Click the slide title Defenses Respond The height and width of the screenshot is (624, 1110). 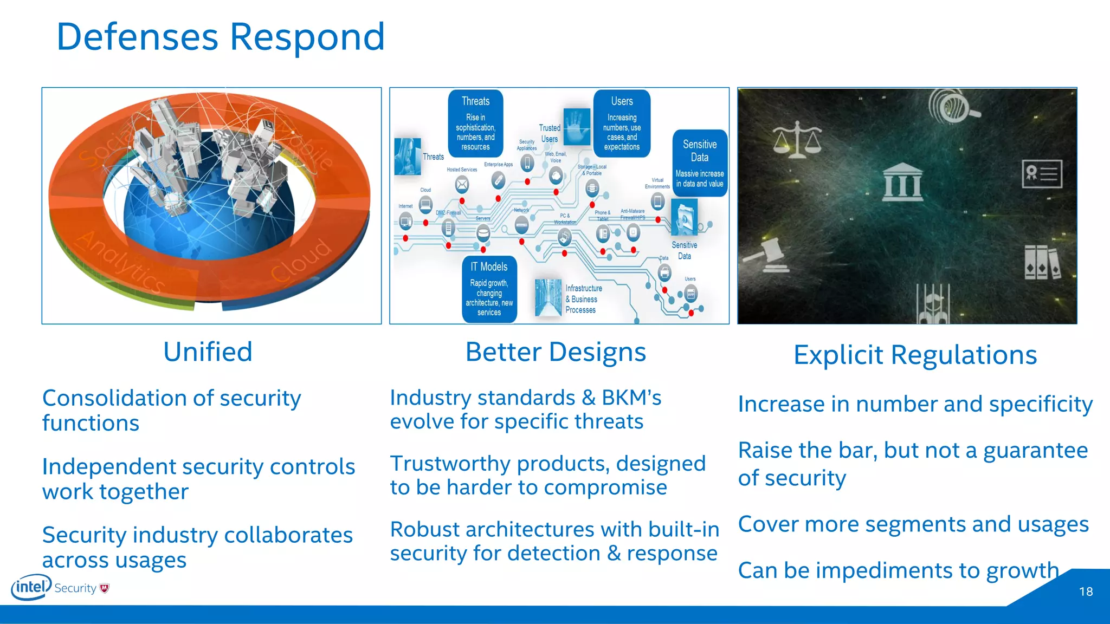pyautogui.click(x=220, y=37)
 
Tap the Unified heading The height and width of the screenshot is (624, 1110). pyautogui.click(x=208, y=352)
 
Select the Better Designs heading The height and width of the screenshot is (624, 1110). pyautogui.click(x=556, y=352)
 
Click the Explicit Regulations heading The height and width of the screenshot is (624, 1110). pyautogui.click(x=915, y=355)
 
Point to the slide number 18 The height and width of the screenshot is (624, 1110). pyautogui.click(x=1086, y=591)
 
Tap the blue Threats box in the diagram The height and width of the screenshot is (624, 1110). pyautogui.click(x=475, y=123)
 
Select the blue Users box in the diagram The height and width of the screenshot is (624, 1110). pyautogui.click(x=622, y=123)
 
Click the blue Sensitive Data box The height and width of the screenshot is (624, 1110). pyautogui.click(x=700, y=163)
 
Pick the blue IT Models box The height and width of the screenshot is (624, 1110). pyautogui.click(x=489, y=289)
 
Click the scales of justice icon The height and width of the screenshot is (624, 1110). pyautogui.click(x=797, y=139)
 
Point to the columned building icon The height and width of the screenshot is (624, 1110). pyautogui.click(x=902, y=182)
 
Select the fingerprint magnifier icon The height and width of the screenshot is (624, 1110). pyautogui.click(x=952, y=106)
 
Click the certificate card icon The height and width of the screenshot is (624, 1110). pyautogui.click(x=1042, y=174)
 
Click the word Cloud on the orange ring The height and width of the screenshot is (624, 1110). pyautogui.click(x=301, y=260)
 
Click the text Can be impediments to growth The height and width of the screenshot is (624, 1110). pyautogui.click(x=898, y=570)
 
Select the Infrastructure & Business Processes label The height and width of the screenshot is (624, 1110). pyautogui.click(x=583, y=299)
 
